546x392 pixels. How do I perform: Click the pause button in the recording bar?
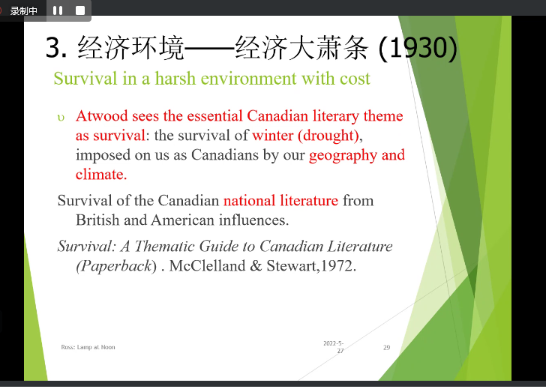coord(58,10)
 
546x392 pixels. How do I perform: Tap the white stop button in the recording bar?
coord(80,10)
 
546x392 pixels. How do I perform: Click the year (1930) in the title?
coord(418,48)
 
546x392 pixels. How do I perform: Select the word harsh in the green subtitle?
coord(175,79)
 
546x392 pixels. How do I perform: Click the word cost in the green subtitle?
coord(355,79)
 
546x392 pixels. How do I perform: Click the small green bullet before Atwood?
coord(61,118)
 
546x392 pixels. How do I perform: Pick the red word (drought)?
coord(328,136)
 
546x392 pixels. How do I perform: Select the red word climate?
coord(101,174)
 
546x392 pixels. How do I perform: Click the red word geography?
coord(343,155)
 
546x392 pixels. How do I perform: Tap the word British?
coord(97,220)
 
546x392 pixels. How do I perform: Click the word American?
coord(182,220)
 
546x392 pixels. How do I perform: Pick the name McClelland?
coord(207,266)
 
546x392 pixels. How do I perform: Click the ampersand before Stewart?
coord(256,266)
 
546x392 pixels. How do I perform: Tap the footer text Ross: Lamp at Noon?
coord(88,347)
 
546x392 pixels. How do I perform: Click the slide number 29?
coord(386,348)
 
